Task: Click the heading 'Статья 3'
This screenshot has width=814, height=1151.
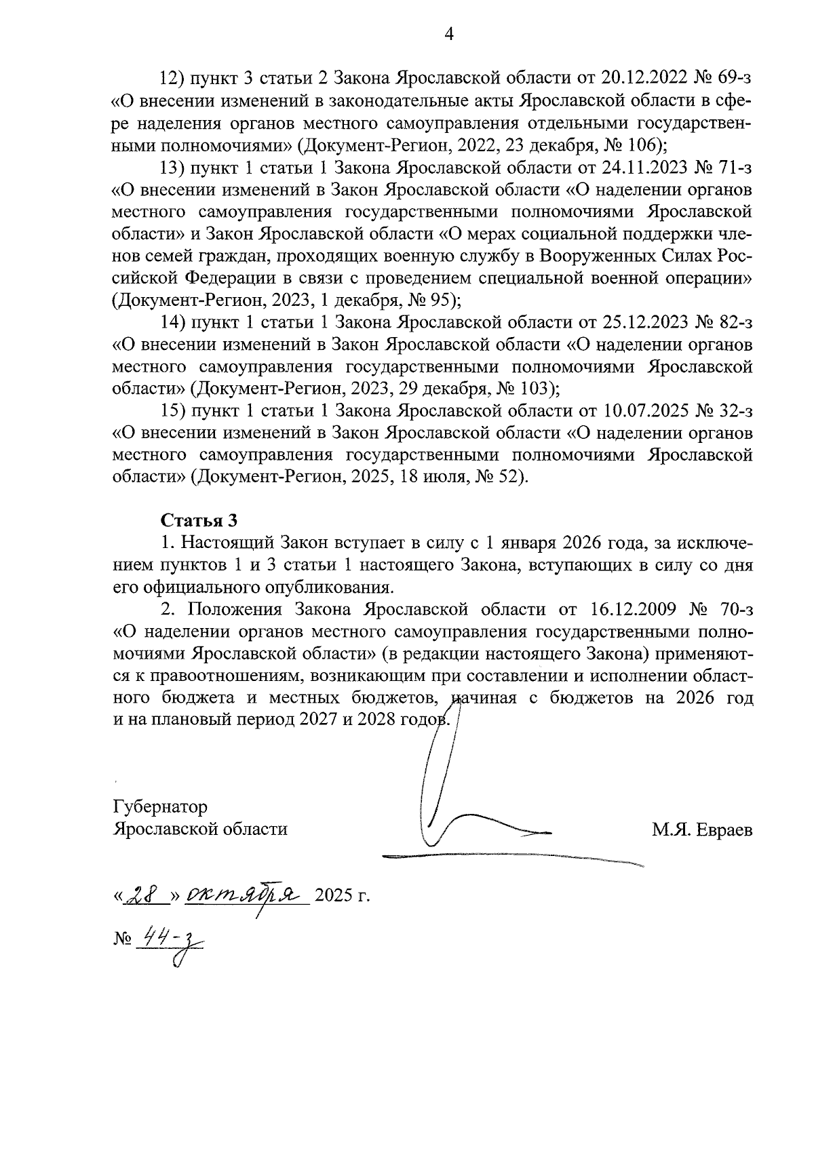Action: coord(199,521)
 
